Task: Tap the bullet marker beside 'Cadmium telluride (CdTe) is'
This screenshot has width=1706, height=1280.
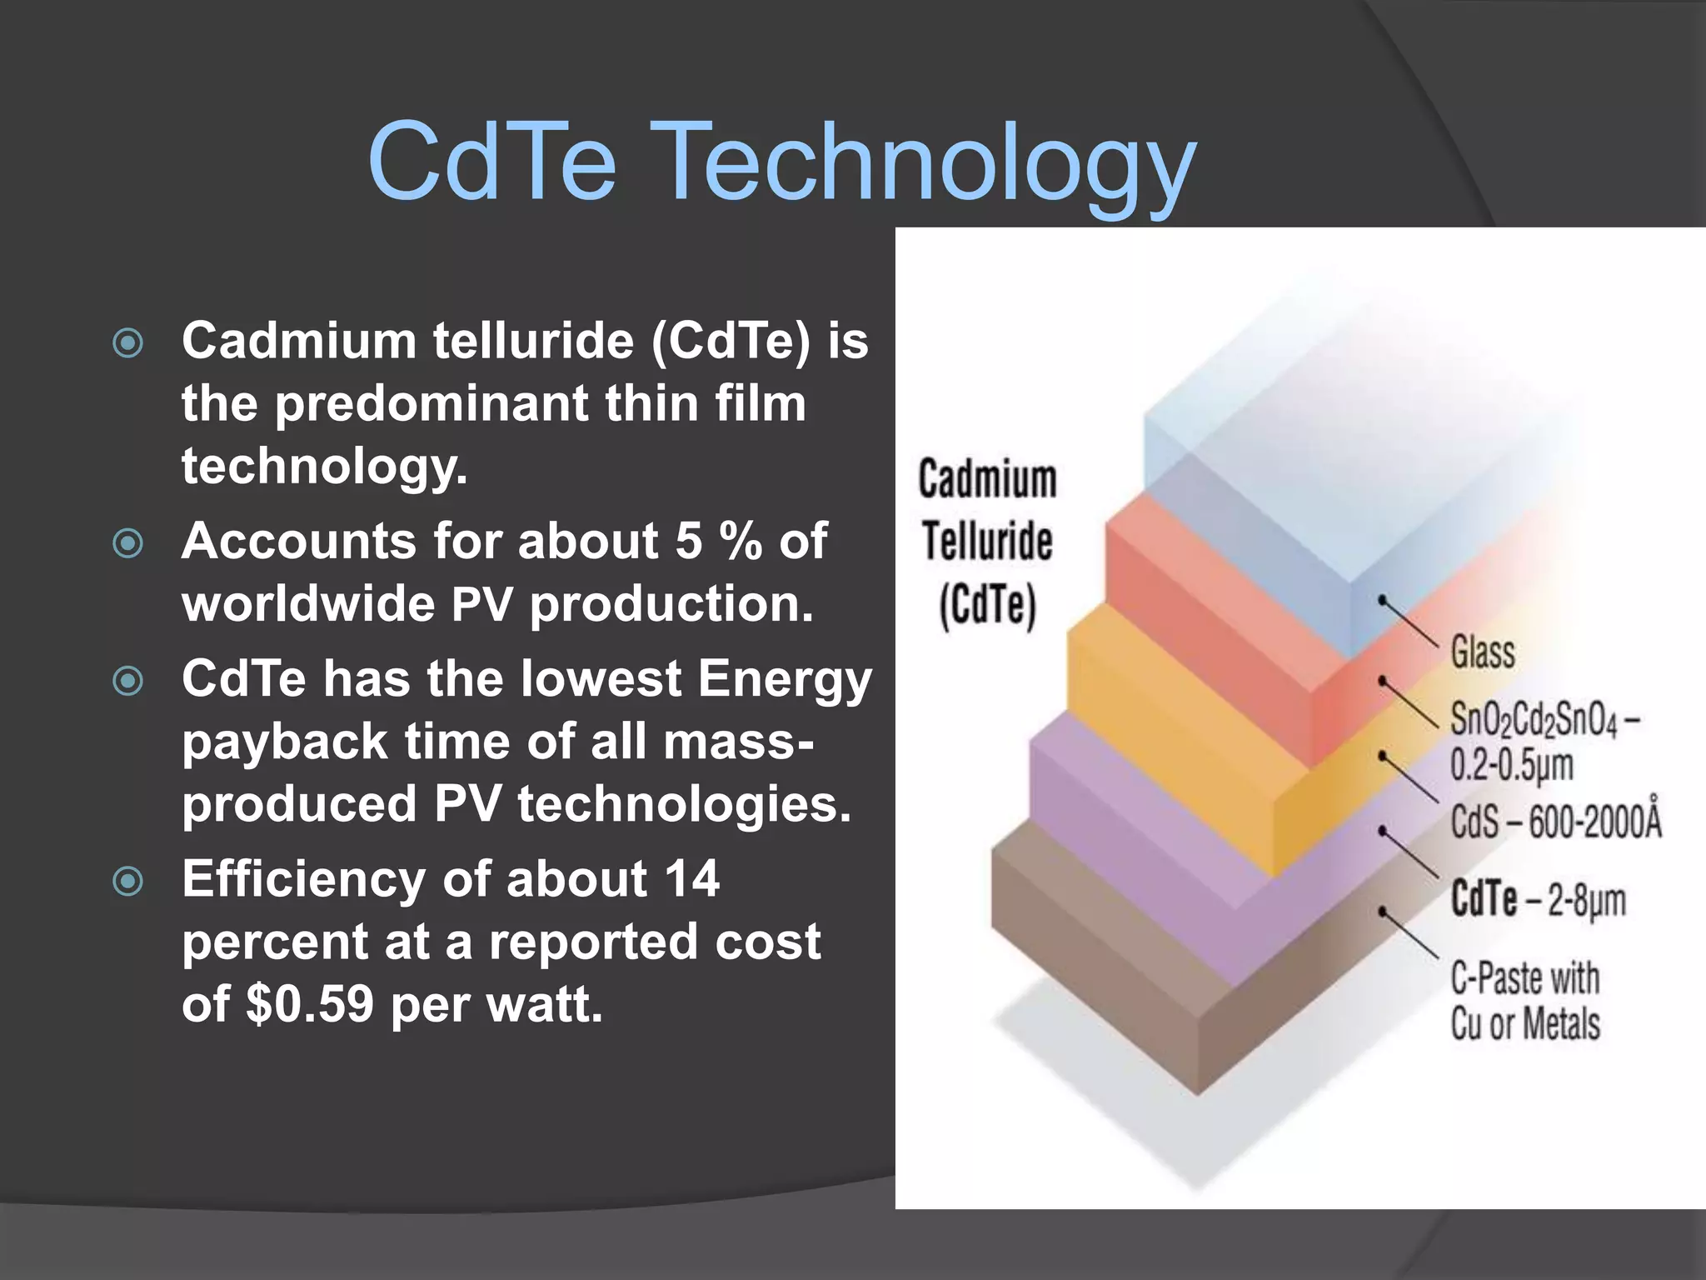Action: click(x=128, y=342)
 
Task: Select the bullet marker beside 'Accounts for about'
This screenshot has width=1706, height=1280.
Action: click(x=128, y=543)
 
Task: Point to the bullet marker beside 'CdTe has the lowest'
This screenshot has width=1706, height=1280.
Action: click(x=128, y=681)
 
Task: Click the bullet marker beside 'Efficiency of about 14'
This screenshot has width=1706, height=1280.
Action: click(x=128, y=881)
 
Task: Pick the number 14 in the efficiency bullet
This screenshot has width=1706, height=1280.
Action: click(x=691, y=879)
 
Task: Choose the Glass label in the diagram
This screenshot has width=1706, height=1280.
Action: click(x=1483, y=651)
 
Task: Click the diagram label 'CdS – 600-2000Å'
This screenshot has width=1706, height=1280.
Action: click(x=1555, y=821)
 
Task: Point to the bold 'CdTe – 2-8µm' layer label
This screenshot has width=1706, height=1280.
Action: click(x=1538, y=900)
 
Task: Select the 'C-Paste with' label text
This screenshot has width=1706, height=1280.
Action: click(x=1524, y=978)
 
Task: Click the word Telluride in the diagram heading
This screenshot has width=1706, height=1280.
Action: click(x=987, y=541)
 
